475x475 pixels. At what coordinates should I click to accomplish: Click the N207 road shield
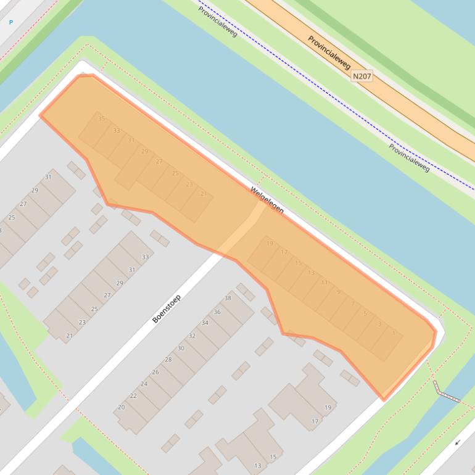(x=362, y=76)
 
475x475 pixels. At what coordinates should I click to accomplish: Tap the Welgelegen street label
(x=267, y=200)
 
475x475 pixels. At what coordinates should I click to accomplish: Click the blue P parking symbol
(x=10, y=22)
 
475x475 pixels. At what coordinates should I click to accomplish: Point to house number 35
(x=102, y=118)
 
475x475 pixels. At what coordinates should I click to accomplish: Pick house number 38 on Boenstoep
(x=228, y=298)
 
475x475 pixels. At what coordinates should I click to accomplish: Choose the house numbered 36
(x=217, y=312)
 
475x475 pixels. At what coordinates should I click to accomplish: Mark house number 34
(x=205, y=323)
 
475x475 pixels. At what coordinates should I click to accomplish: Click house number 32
(x=192, y=336)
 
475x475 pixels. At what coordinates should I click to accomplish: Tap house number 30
(x=181, y=348)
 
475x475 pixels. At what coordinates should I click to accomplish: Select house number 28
(x=168, y=360)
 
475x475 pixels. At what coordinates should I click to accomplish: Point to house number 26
(x=155, y=372)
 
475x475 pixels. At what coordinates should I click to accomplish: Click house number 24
(x=144, y=384)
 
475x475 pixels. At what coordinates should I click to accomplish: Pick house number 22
(x=133, y=395)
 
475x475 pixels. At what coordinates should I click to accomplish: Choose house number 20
(x=122, y=407)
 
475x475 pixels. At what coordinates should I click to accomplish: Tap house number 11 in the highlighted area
(x=324, y=283)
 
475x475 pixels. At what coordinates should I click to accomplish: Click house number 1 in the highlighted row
(x=394, y=334)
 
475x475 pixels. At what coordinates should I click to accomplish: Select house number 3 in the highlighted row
(x=379, y=324)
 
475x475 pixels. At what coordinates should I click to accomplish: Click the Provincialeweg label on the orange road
(x=329, y=52)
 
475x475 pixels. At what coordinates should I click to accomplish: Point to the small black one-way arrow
(x=458, y=442)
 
